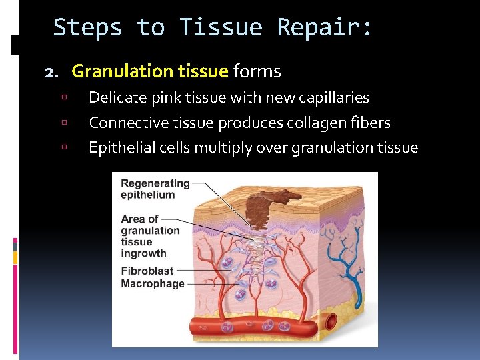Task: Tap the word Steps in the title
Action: coord(87,28)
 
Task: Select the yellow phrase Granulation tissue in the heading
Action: coord(150,71)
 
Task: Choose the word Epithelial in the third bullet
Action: coord(121,148)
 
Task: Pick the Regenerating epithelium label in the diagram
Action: coord(155,189)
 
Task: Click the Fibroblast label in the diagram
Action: coord(147,271)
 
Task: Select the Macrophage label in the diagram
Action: coord(153,283)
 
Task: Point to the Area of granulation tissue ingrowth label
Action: coord(150,236)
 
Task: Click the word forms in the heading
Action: coord(257,71)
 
